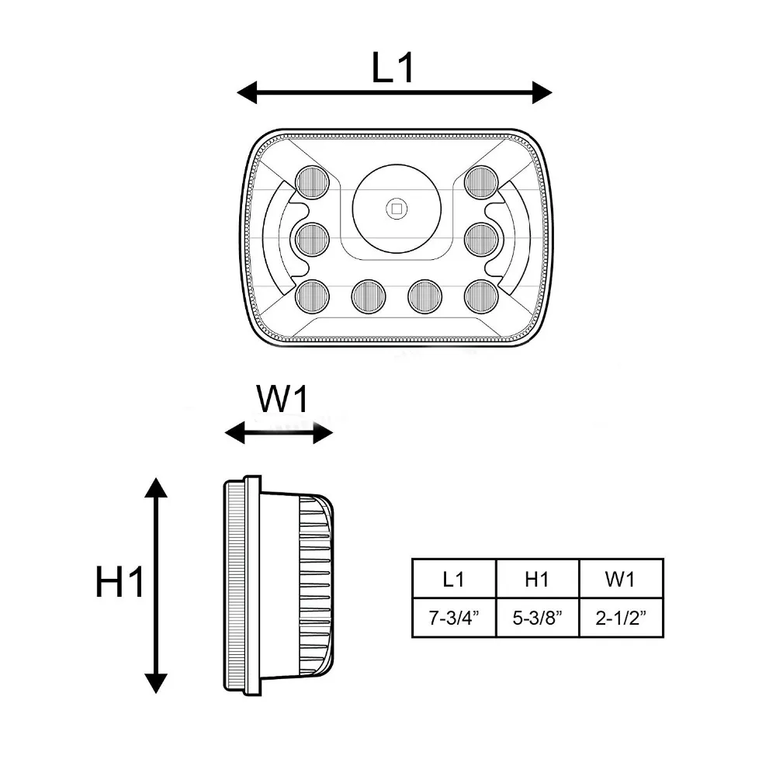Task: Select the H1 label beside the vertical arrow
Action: coord(120,582)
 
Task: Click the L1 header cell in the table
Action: coord(453,579)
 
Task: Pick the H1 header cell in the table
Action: coord(537,579)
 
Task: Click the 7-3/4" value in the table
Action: coord(454,618)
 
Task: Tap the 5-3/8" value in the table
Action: coord(538,618)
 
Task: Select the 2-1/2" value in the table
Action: coord(621,618)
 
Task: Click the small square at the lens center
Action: coord(397,209)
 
